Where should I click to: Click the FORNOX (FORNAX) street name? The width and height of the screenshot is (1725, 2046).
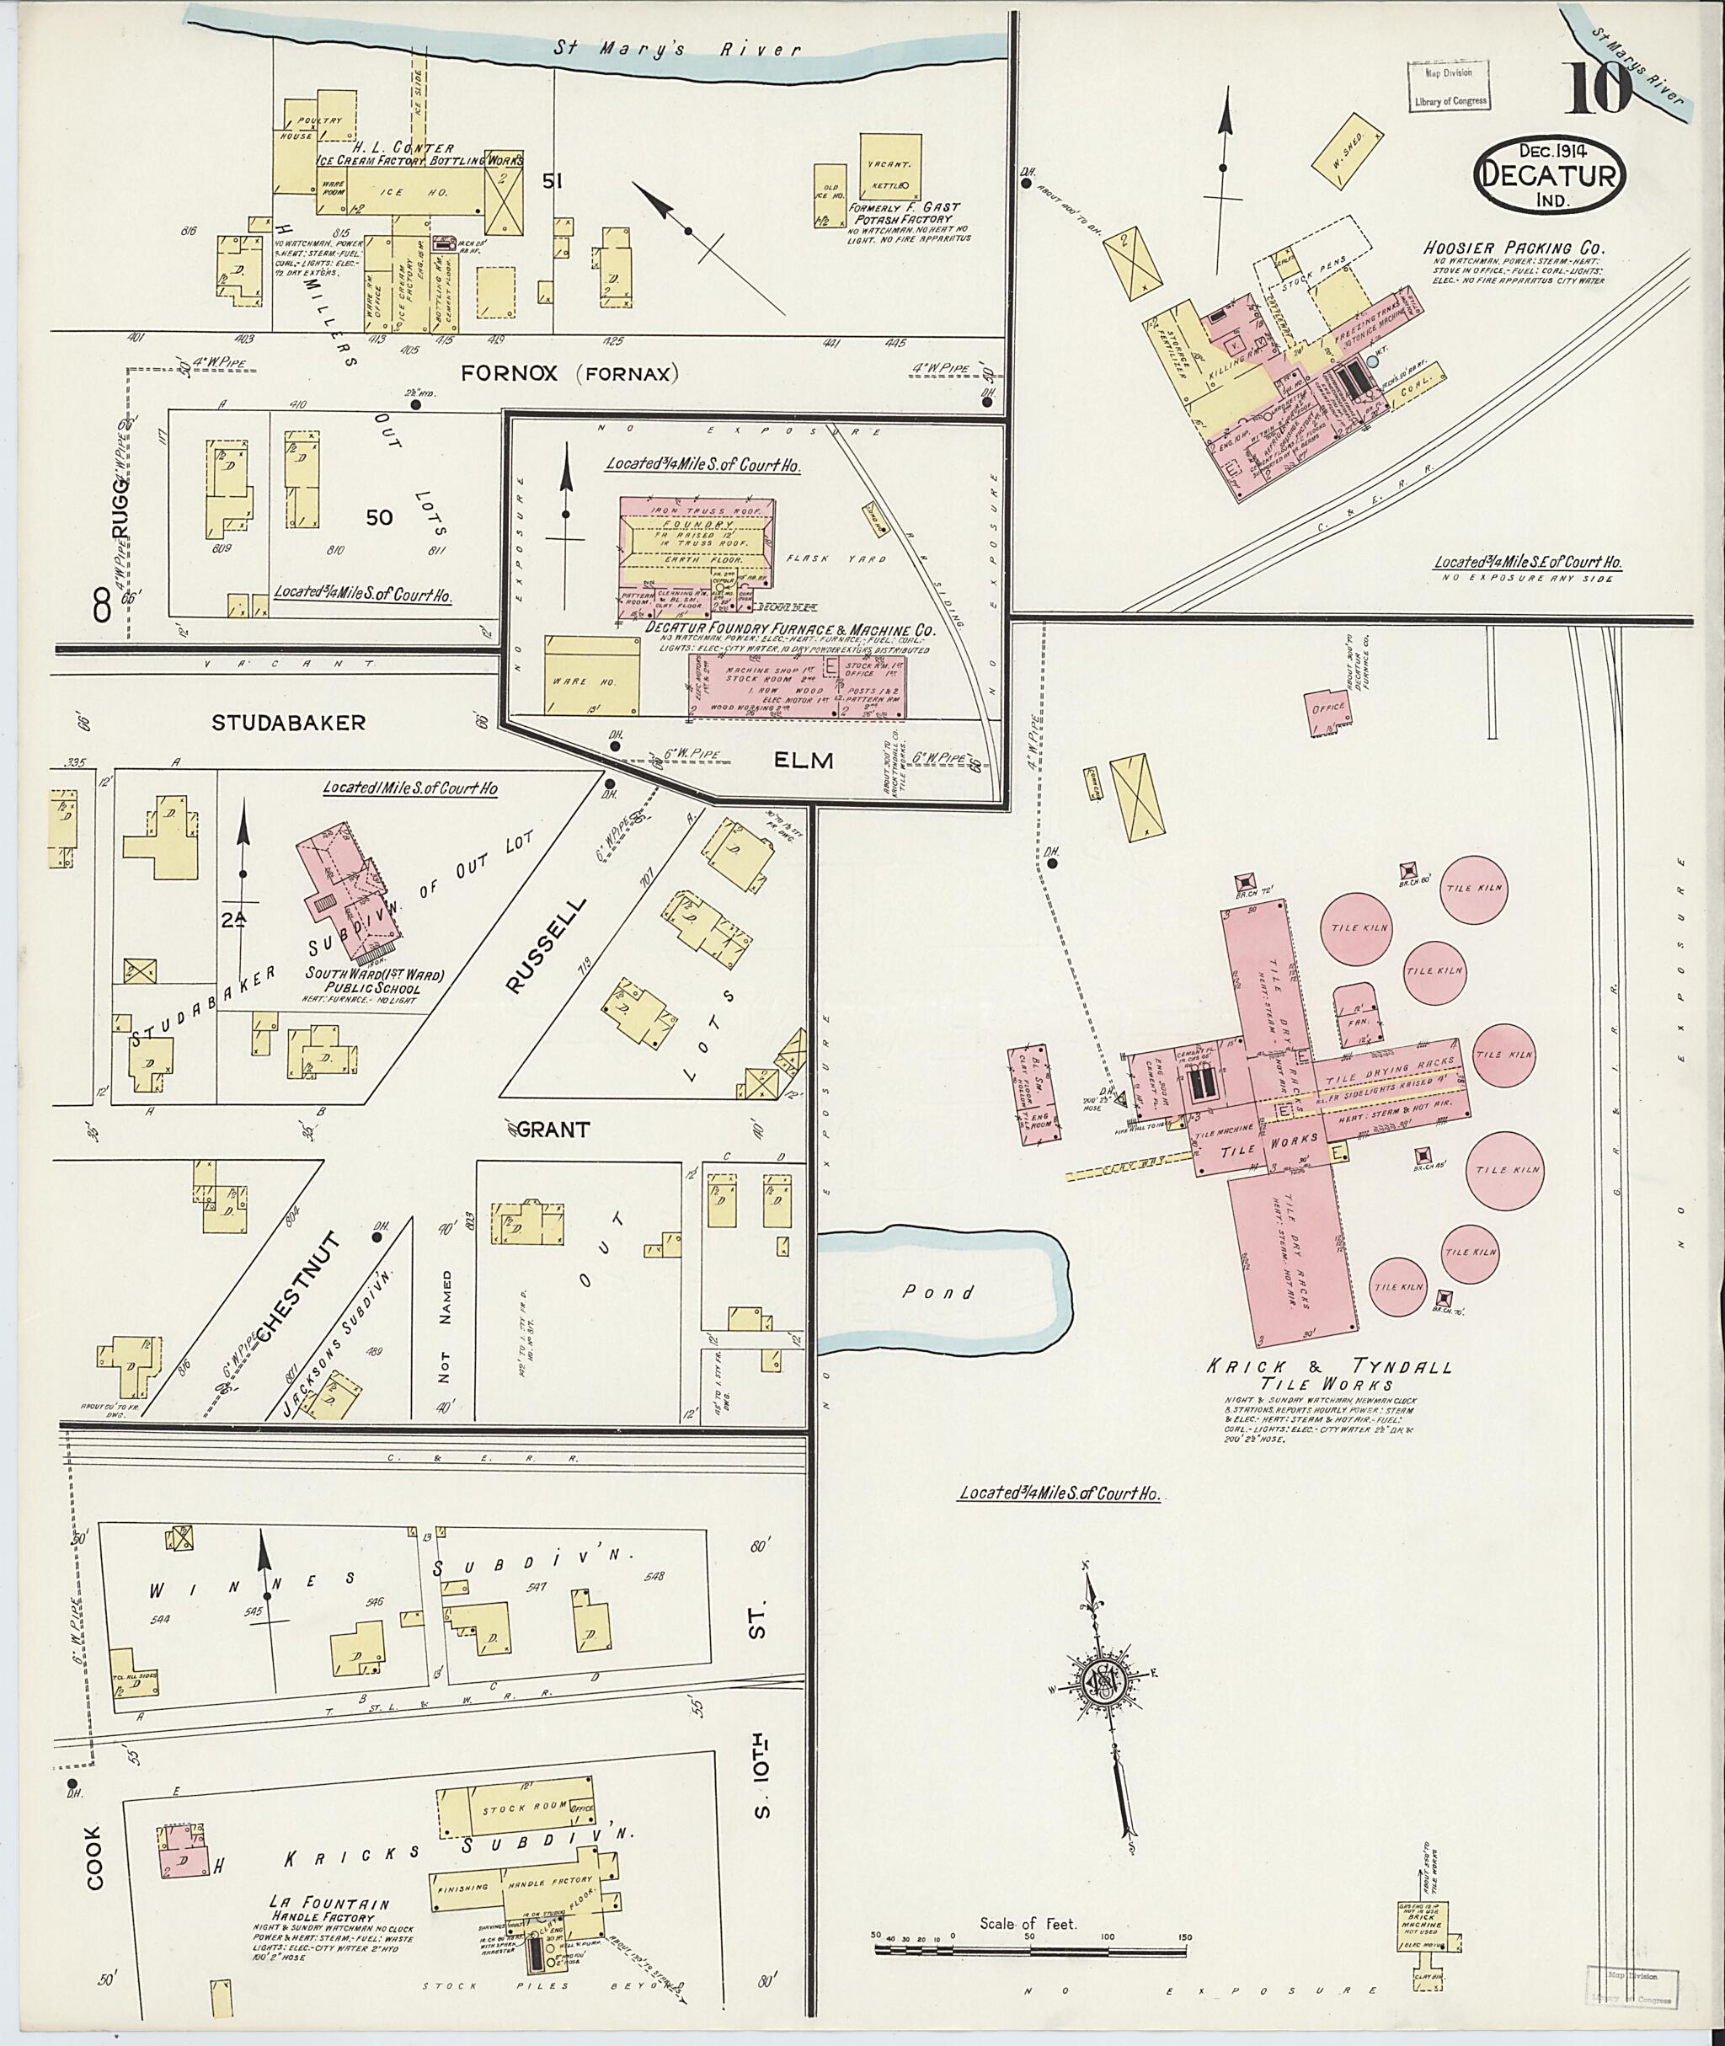tap(569, 372)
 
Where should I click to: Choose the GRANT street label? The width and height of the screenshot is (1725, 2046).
tap(553, 1130)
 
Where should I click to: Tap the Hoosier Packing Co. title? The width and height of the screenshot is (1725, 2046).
tap(1514, 248)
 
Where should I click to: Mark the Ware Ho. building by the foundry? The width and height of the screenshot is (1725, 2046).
tap(591, 676)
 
